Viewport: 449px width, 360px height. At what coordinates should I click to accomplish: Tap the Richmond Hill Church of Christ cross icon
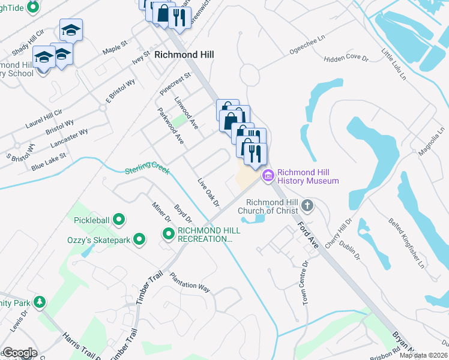pos(307,206)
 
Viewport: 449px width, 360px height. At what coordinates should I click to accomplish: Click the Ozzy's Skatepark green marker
pos(139,240)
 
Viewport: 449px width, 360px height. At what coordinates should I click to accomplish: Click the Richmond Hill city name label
pos(184,54)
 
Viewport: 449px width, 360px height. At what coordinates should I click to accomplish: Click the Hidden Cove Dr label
pos(346,58)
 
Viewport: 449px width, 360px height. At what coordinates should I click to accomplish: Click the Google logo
pos(19,353)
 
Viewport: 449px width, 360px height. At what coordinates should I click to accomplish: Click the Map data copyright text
pos(423,355)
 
